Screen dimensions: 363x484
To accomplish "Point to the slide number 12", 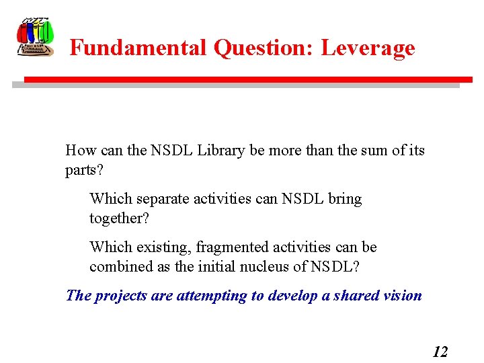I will [440, 351].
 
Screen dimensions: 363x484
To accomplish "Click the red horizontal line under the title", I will [242, 79].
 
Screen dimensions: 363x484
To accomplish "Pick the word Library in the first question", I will [221, 151].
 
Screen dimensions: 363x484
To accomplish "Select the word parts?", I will [85, 170].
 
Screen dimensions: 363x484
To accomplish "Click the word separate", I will [162, 199].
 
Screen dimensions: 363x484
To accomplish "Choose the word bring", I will [345, 199].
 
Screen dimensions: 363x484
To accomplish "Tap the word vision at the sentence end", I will [403, 296].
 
